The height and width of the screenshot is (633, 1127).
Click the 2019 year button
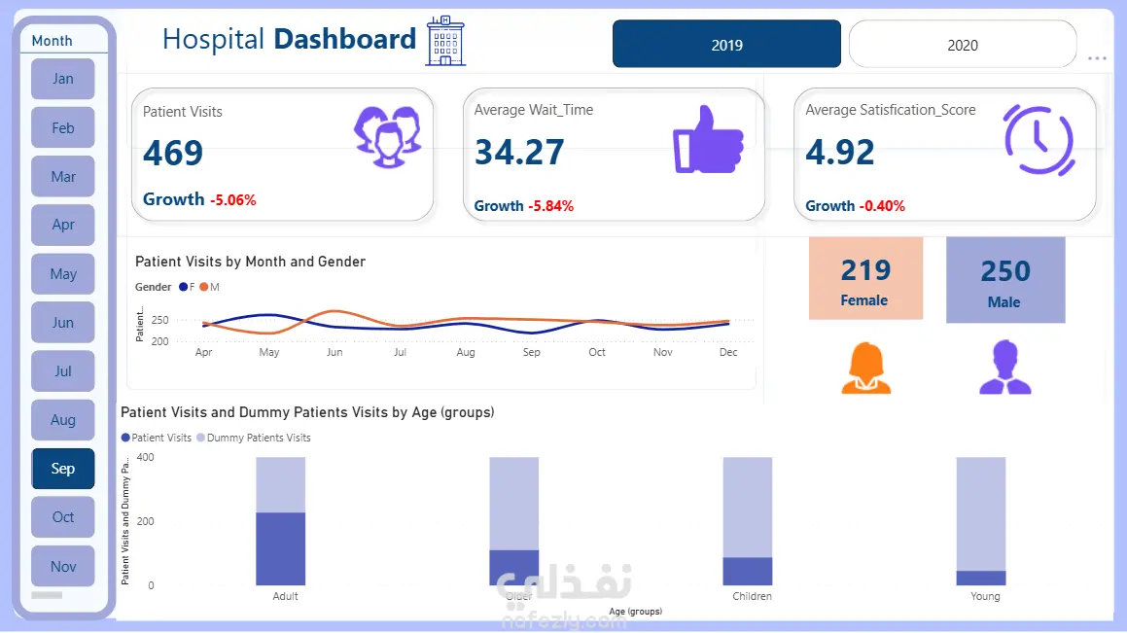pyautogui.click(x=726, y=45)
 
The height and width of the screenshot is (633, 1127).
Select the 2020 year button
pyautogui.click(x=963, y=45)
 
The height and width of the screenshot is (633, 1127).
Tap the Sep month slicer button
pyautogui.click(x=63, y=469)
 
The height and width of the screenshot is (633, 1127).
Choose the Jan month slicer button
pyautogui.click(x=63, y=79)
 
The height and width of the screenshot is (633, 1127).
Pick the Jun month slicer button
pyautogui.click(x=63, y=323)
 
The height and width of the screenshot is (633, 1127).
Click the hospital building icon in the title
pyautogui.click(x=445, y=41)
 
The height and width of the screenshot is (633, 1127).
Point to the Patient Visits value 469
pyautogui.click(x=173, y=153)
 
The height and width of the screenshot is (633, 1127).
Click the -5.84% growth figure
pyautogui.click(x=550, y=206)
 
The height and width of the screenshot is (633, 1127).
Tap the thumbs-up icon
pyautogui.click(x=708, y=139)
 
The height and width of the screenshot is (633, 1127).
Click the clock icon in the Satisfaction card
pyautogui.click(x=1039, y=140)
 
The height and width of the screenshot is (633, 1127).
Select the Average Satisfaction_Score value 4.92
pyautogui.click(x=840, y=153)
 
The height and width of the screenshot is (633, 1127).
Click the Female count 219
pyautogui.click(x=865, y=269)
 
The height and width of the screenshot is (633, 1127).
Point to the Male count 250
pyautogui.click(x=1005, y=271)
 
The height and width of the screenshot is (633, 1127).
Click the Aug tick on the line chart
pyautogui.click(x=466, y=352)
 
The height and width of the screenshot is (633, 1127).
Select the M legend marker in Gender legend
pyautogui.click(x=204, y=287)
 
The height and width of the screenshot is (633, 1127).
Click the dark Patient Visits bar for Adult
pyautogui.click(x=281, y=548)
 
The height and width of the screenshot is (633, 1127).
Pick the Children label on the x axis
pyautogui.click(x=752, y=596)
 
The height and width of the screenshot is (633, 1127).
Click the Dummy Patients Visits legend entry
pyautogui.click(x=254, y=438)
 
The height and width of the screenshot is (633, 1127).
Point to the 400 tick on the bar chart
pyautogui.click(x=145, y=457)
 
